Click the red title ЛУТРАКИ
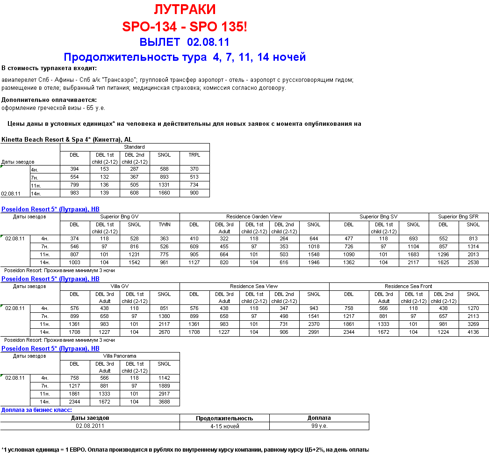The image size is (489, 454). (185, 10)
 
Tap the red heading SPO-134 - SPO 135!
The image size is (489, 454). (185, 27)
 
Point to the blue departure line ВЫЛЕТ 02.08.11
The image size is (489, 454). (185, 42)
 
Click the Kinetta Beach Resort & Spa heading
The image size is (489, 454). (67, 139)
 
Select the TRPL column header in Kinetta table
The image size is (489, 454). (194, 155)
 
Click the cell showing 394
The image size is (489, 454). (74, 169)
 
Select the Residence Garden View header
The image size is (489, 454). (254, 216)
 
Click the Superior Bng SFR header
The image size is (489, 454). (458, 216)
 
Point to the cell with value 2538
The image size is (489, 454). (473, 262)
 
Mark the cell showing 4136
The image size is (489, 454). (473, 332)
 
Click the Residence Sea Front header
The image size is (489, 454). (408, 286)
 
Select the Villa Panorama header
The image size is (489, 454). (120, 356)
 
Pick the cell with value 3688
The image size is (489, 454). (164, 402)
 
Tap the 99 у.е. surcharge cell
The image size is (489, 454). (319, 426)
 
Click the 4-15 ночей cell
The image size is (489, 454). (224, 426)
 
